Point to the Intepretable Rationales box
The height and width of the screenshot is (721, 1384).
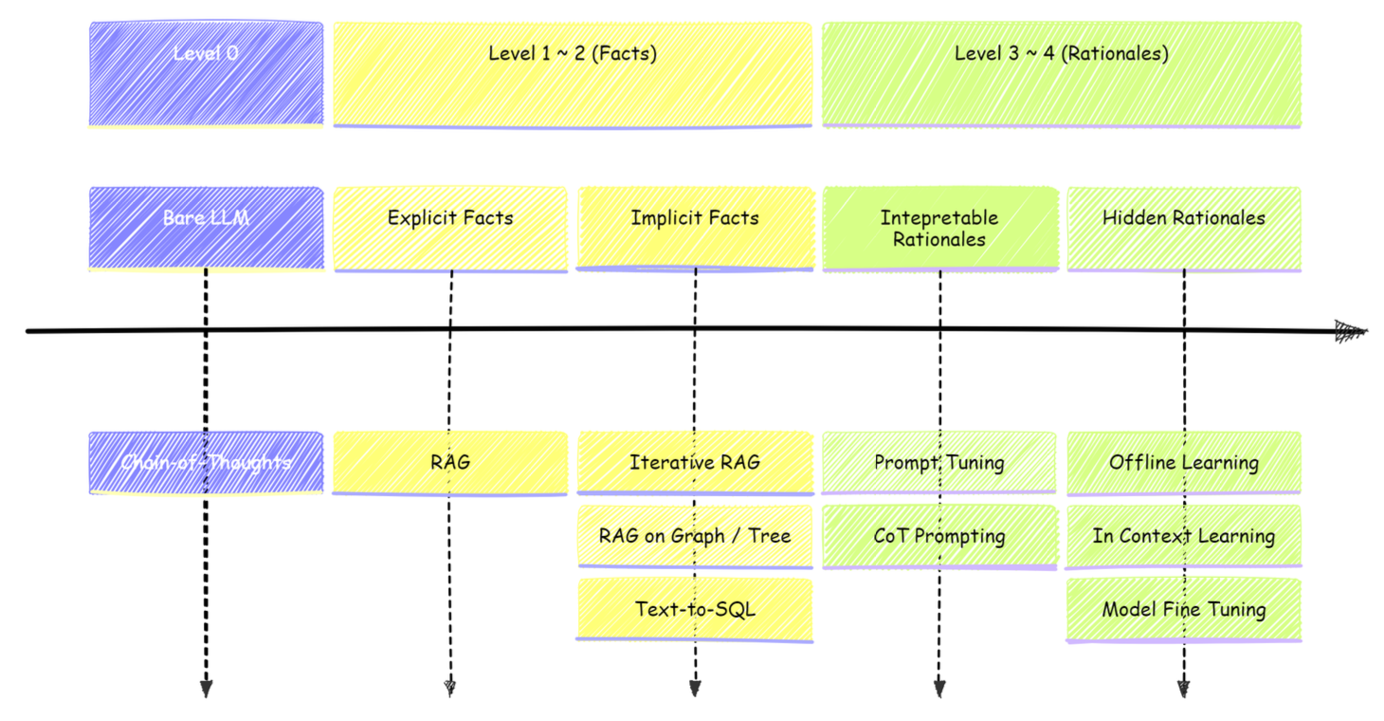pyautogui.click(x=939, y=229)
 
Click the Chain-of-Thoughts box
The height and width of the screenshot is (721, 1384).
pyautogui.click(x=206, y=463)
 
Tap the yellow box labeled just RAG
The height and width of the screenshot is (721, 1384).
pyautogui.click(x=450, y=463)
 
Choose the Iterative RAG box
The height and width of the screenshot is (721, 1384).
pyautogui.click(x=695, y=463)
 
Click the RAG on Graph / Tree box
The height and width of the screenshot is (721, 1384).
pyautogui.click(x=695, y=536)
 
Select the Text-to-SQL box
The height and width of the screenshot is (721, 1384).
pyautogui.click(x=695, y=609)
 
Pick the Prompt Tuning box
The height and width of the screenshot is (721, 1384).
pyautogui.click(x=939, y=463)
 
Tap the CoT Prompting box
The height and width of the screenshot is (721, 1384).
pyautogui.click(x=939, y=536)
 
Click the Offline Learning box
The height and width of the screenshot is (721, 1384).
pyautogui.click(x=1184, y=463)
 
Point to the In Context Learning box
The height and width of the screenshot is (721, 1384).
pyautogui.click(x=1184, y=536)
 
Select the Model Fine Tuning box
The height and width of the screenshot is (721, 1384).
pyautogui.click(x=1184, y=609)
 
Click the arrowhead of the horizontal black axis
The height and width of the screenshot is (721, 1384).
pyautogui.click(x=1352, y=331)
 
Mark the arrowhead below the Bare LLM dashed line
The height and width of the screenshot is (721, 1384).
pyautogui.click(x=206, y=689)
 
